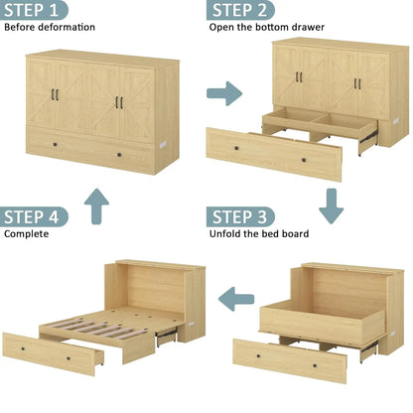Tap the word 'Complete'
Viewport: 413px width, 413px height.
(27, 234)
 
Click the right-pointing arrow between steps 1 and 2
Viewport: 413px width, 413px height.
(224, 94)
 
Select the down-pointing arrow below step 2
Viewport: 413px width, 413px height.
(331, 205)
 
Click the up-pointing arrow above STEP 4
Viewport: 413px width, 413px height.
(96, 205)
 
